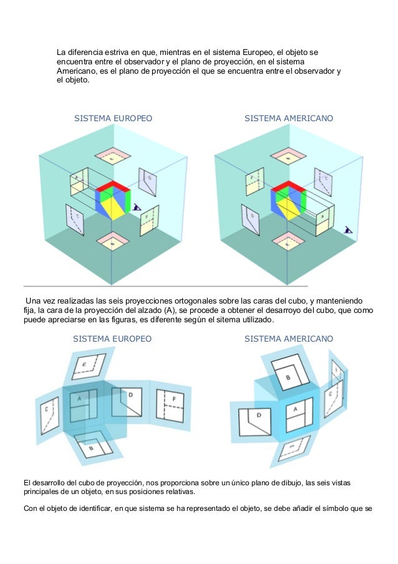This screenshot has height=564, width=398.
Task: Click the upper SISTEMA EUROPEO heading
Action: pos(113,118)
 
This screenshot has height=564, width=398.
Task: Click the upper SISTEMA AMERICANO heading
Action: pos(289,118)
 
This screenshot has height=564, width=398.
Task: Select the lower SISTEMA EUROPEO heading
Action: pos(112,339)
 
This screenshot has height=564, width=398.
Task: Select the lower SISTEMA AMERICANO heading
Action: pos(289,339)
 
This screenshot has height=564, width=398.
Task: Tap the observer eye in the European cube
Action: pos(137,207)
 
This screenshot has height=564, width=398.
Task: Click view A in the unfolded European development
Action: pos(84,406)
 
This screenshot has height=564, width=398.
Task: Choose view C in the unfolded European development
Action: pos(49,416)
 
